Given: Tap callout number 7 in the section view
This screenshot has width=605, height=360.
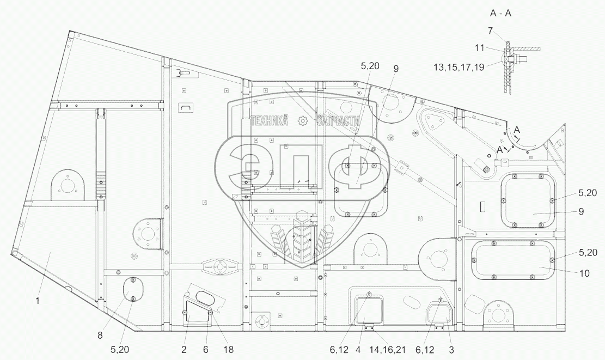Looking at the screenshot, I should (490, 31).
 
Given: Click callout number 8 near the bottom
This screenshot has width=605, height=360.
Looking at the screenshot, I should (100, 336).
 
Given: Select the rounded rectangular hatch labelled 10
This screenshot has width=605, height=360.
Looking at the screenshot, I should (513, 261).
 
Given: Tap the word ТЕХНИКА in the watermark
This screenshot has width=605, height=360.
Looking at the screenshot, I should (268, 122).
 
